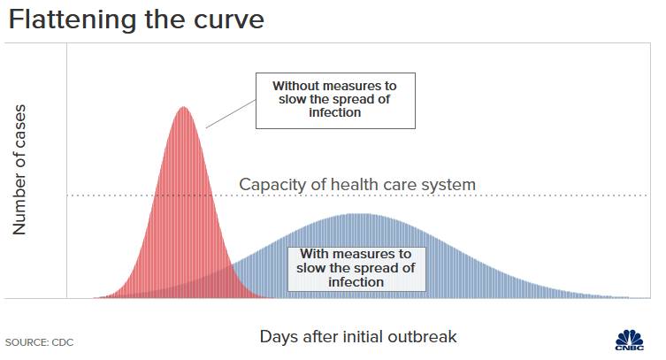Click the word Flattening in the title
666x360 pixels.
point(73,20)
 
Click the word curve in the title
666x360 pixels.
point(229,21)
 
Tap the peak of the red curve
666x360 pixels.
point(183,107)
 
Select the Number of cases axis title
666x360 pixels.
point(19,170)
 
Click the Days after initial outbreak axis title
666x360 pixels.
point(358,337)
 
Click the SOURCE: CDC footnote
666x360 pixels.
point(39,342)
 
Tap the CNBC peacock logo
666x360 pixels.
point(630,340)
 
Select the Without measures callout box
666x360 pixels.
point(335,101)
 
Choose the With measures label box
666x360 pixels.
point(356,269)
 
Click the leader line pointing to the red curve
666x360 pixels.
point(231,114)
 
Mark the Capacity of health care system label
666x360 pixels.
point(357,185)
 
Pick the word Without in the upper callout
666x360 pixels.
point(296,86)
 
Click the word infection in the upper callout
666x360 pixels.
point(334,112)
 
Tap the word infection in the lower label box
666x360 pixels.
point(356,282)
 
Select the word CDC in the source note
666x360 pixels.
point(63,342)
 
